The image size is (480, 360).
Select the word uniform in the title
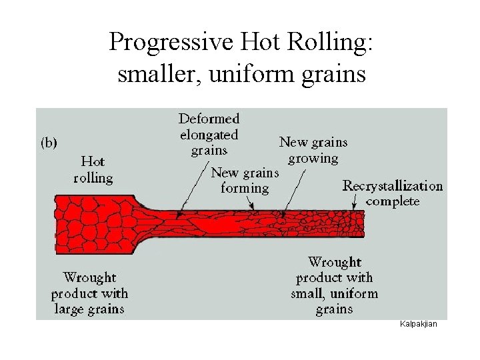pyautogui.click(x=253, y=73)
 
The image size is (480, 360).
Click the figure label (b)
pyautogui.click(x=49, y=142)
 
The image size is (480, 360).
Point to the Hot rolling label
pyautogui.click(x=93, y=169)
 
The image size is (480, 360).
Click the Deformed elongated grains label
pyautogui.click(x=209, y=135)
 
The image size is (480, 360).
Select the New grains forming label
pyautogui.click(x=244, y=181)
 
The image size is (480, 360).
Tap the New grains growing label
pyautogui.click(x=313, y=150)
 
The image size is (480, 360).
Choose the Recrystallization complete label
pyautogui.click(x=392, y=193)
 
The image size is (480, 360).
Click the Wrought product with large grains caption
pyautogui.click(x=89, y=293)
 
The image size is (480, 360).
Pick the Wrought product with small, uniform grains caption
pyautogui.click(x=334, y=286)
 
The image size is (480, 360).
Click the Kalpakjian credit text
pyautogui.click(x=418, y=324)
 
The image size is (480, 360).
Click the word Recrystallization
pyautogui.click(x=392, y=186)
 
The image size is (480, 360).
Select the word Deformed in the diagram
pyautogui.click(x=209, y=119)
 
